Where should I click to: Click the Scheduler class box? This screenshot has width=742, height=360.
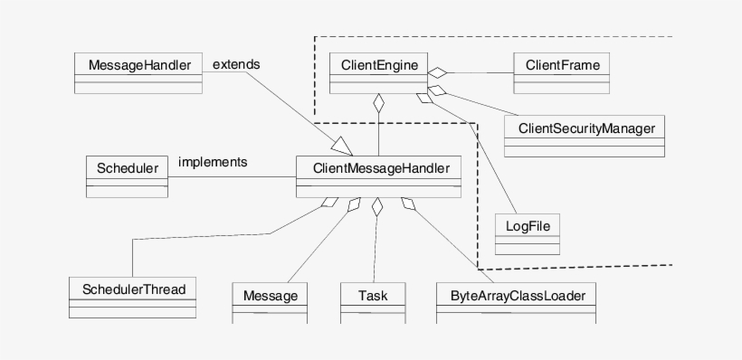tap(127, 176)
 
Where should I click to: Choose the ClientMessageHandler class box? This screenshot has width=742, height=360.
tap(379, 176)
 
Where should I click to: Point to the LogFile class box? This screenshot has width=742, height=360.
tap(528, 232)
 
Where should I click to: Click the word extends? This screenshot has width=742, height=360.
tap(236, 64)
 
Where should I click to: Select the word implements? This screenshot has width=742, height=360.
tap(214, 162)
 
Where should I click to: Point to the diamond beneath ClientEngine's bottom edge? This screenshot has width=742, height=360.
tap(379, 103)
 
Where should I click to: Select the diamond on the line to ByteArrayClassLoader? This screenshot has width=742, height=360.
tap(409, 205)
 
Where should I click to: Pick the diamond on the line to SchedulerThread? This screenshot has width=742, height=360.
tap(328, 204)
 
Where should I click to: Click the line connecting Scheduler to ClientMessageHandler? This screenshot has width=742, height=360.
tap(232, 176)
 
